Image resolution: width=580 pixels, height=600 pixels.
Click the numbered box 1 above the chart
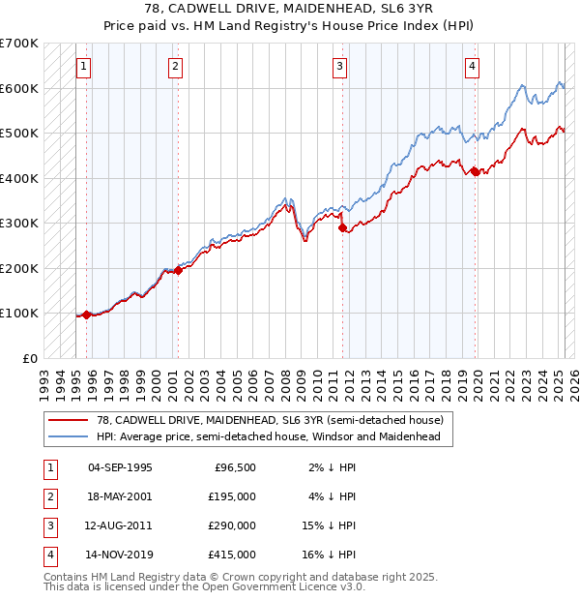coord(84,67)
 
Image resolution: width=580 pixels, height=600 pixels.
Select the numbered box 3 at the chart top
coord(340,67)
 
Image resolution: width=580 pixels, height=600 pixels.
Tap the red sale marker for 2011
coord(343,227)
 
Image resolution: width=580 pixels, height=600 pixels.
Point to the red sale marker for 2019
coord(476,171)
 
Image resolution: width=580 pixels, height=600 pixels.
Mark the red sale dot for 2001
coord(178,270)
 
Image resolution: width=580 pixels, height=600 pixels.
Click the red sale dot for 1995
coord(86,315)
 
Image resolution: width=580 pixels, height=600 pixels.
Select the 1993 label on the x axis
coord(44,377)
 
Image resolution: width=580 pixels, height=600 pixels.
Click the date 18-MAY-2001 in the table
coord(120,496)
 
